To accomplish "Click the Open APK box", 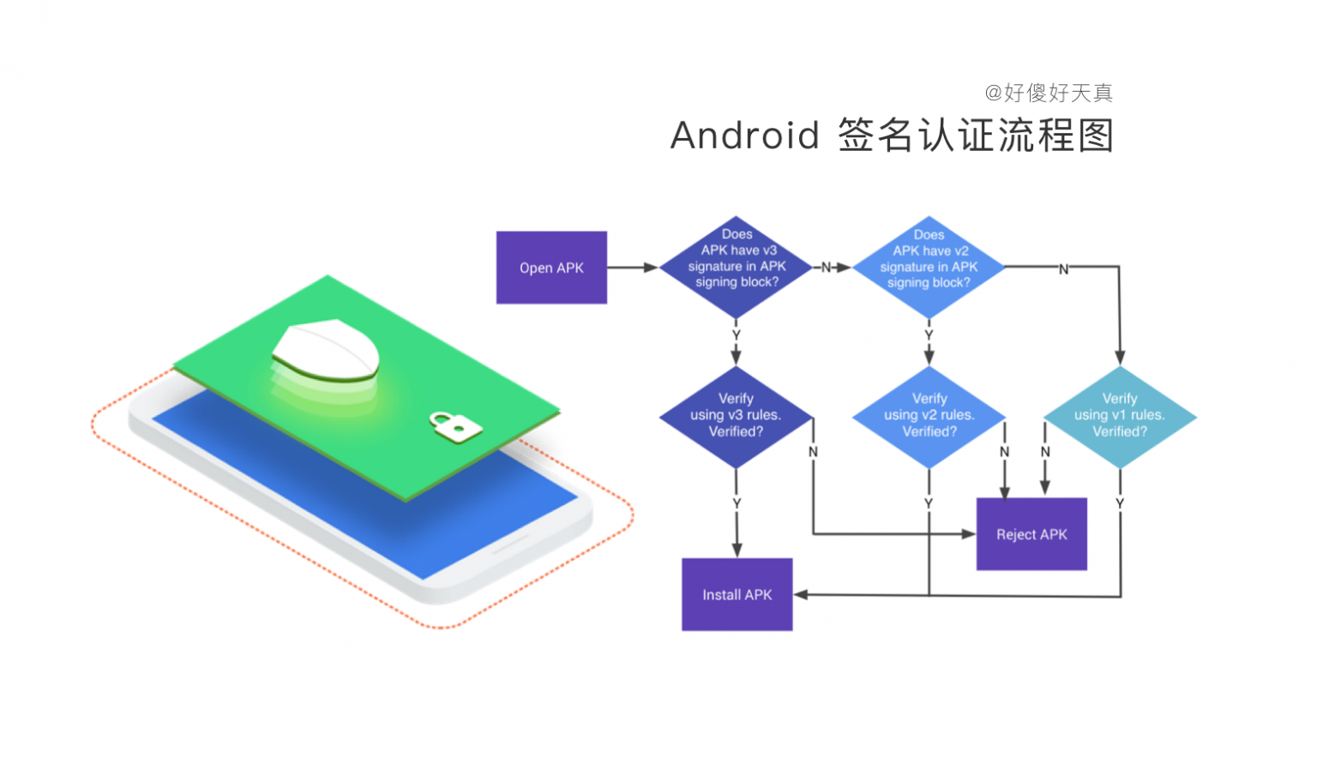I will pyautogui.click(x=551, y=268).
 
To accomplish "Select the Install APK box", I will pyautogui.click(x=737, y=594).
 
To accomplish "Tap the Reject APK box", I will pyautogui.click(x=1031, y=534).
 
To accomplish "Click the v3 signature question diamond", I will pyautogui.click(x=736, y=266).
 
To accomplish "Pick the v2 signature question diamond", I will pyautogui.click(x=929, y=267).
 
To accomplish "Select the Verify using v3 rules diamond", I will pyautogui.click(x=736, y=417).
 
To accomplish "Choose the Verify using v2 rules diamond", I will pyautogui.click(x=929, y=417).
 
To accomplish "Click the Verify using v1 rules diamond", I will pyautogui.click(x=1120, y=417).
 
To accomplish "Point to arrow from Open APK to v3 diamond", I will pyautogui.click(x=633, y=268).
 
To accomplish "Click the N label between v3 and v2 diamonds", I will pyautogui.click(x=827, y=268).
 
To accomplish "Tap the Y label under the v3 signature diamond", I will pyautogui.click(x=736, y=335).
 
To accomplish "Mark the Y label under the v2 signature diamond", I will pyautogui.click(x=929, y=335).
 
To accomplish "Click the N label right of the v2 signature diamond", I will pyautogui.click(x=1063, y=269).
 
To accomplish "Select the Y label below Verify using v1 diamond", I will pyautogui.click(x=1120, y=504).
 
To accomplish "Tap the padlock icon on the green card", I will pyautogui.click(x=454, y=425).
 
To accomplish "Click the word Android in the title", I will pyautogui.click(x=744, y=136).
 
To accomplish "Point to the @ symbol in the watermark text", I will pyautogui.click(x=993, y=93).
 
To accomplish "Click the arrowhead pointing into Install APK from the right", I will pyautogui.click(x=801, y=594).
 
